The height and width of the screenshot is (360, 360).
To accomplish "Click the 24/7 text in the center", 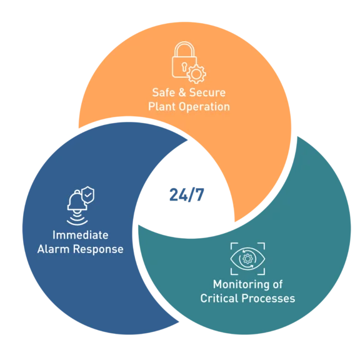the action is pos(187,195).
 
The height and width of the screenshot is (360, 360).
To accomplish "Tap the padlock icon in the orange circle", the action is pos(184,60).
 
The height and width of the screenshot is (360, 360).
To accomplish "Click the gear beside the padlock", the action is pos(196,74).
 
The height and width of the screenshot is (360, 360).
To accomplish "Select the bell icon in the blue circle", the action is pos(77,201).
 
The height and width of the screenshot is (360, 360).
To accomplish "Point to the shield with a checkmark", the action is pos(88,195).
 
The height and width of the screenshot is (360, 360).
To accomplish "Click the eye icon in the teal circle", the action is pos(247,259).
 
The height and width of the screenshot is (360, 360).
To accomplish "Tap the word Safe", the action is pos(163,92).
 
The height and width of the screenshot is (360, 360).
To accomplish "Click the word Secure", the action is pos(207,92).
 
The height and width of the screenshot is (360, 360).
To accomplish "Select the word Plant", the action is pos(162,107).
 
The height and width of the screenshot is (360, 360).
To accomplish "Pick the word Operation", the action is pos(204,107).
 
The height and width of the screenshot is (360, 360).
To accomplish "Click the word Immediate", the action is pos(81,235).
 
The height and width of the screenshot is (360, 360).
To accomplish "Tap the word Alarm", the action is pos(53,249).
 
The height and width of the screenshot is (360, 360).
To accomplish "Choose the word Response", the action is pos(98,250).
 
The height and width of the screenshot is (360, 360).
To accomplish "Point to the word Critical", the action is pos(219,298).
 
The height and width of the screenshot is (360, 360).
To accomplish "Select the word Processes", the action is pos(268,299).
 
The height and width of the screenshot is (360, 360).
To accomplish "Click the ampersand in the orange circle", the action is pos(182,92).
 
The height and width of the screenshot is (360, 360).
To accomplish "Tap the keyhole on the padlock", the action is pos(184,67).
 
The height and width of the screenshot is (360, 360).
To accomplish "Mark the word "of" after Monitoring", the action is pos(277,284).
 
